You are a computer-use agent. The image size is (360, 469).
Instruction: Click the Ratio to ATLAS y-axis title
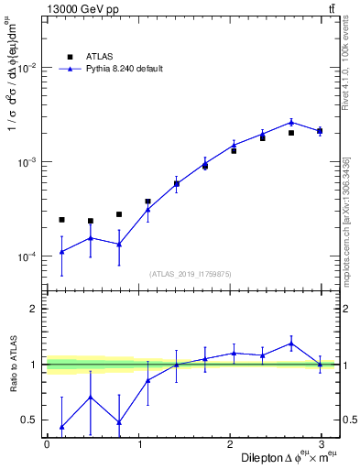coord(12,364)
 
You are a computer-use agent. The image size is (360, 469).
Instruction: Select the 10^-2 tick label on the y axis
coord(28,69)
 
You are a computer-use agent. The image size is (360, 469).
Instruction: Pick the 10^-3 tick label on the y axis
coord(28,162)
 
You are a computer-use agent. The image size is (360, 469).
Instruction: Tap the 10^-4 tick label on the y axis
coord(28,256)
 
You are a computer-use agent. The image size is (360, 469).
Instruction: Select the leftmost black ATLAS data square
coord(61,220)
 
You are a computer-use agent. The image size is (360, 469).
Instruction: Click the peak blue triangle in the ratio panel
coord(291,344)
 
